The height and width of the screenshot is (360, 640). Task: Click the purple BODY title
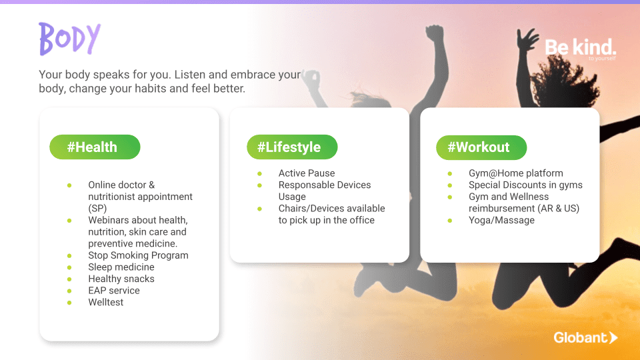coord(70,39)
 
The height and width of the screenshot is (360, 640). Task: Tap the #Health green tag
coord(95,147)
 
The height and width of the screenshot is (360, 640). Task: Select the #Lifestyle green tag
coord(292,147)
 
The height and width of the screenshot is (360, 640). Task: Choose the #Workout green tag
coord(481,147)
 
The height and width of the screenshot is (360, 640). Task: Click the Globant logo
coord(585,337)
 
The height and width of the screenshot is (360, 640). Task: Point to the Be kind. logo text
coord(581,48)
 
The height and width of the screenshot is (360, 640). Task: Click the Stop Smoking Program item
coord(139,255)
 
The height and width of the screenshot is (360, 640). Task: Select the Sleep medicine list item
coord(121,267)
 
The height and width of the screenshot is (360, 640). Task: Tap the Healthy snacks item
coord(121,279)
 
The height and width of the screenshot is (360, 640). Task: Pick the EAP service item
coord(114,291)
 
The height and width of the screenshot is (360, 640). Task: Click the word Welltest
coord(106,303)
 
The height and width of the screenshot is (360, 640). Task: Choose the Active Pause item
coord(307,173)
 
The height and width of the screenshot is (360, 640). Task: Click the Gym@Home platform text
coord(515,173)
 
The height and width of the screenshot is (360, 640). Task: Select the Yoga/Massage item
coord(501,221)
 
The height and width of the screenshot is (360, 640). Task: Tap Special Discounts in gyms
coord(525,185)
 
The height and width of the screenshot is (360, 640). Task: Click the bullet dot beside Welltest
coord(69,303)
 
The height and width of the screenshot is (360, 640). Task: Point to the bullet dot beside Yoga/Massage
coord(450,221)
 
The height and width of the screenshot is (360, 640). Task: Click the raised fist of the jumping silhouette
coord(435,33)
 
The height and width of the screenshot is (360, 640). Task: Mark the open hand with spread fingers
coord(527,39)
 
